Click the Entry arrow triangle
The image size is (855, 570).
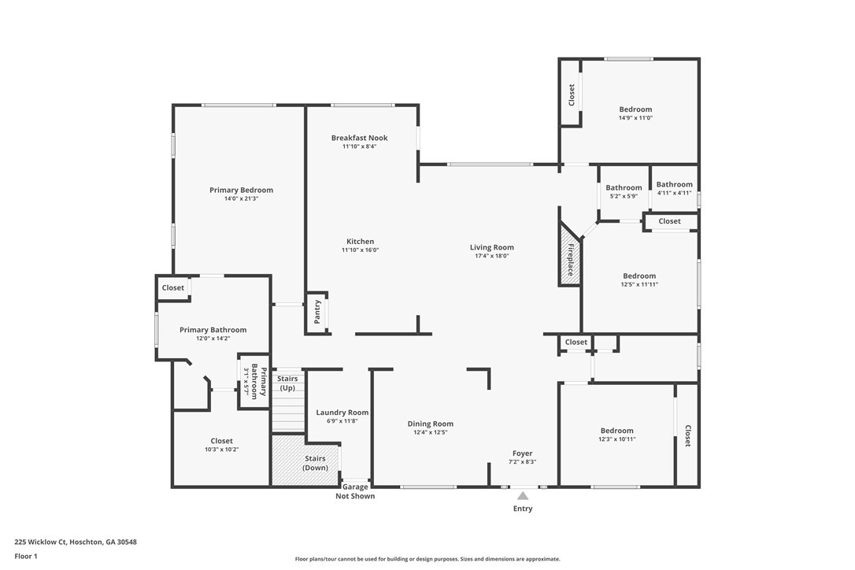click(x=523, y=496)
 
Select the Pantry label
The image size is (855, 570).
click(x=317, y=312)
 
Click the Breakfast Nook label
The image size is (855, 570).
click(x=359, y=138)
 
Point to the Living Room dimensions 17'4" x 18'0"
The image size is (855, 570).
click(x=492, y=256)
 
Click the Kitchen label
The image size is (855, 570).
click(x=361, y=242)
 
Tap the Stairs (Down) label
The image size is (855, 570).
click(x=315, y=463)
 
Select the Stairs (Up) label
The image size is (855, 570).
click(x=287, y=383)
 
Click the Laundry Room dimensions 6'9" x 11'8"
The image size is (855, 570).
click(x=342, y=421)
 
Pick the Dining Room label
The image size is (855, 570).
click(x=430, y=424)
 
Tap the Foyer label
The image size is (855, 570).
click(x=523, y=453)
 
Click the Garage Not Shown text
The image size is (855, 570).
click(x=355, y=491)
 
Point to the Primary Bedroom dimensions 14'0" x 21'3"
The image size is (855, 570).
click(x=241, y=198)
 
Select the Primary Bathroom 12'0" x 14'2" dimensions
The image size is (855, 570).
click(x=213, y=339)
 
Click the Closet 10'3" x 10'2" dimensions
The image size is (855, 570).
click(x=221, y=450)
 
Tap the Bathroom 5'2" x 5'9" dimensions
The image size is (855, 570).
click(x=624, y=196)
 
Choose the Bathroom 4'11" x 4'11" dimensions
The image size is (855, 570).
click(x=675, y=193)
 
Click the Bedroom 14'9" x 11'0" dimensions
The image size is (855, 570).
click(x=635, y=118)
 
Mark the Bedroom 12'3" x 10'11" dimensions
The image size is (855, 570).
click(x=617, y=439)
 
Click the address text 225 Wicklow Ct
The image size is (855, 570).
click(x=41, y=542)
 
